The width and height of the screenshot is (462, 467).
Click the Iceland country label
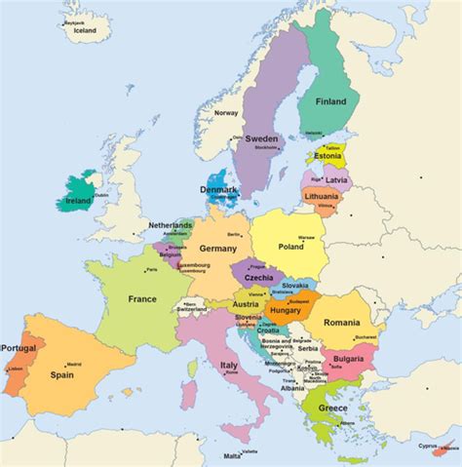click(85, 30)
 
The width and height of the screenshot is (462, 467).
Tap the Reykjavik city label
click(75, 19)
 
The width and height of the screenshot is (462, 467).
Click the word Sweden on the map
click(261, 138)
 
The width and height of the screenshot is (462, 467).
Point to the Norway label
click(226, 113)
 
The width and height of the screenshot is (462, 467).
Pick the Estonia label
click(328, 156)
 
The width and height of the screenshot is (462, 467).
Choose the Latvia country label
click(335, 180)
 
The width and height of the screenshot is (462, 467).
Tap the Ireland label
click(79, 201)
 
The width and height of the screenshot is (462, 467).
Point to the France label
click(142, 299)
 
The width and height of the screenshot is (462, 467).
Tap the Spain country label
click(64, 373)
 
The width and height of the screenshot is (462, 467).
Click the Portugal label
click(19, 348)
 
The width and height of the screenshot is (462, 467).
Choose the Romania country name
click(342, 322)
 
